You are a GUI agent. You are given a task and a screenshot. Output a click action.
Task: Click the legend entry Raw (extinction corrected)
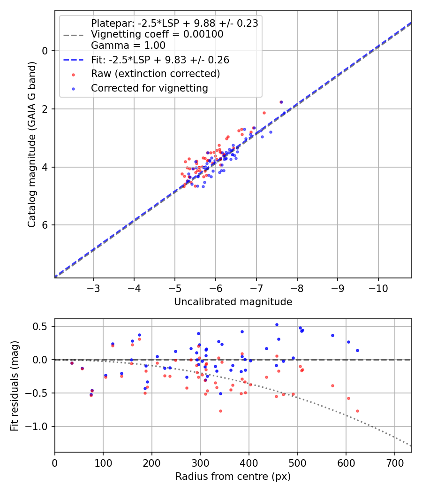[x=155, y=74]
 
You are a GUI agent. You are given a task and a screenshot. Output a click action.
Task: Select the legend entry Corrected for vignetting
[x=150, y=88]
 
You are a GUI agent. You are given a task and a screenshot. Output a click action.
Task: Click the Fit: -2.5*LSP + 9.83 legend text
[x=160, y=60]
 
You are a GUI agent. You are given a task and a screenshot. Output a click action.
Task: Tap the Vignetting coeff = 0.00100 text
[x=157, y=34]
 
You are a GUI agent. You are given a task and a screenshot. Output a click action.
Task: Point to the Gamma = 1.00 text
[x=128, y=46]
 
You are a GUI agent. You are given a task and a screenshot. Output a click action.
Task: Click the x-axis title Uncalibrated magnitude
[x=233, y=302]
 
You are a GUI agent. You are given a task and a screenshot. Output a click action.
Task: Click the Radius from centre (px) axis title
[x=233, y=477]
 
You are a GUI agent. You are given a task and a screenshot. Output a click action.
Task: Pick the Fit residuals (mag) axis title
[x=15, y=385]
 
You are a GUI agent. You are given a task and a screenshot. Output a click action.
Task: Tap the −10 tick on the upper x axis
[x=378, y=288]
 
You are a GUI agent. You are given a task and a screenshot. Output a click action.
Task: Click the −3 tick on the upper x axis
[x=93, y=288]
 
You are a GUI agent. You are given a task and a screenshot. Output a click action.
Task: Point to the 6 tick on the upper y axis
[x=45, y=225]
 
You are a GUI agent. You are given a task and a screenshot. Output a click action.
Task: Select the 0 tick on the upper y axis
[x=45, y=51]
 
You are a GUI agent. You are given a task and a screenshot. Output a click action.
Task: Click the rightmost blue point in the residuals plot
[x=357, y=350]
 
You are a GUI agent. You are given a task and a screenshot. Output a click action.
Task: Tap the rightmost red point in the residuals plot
[x=357, y=411]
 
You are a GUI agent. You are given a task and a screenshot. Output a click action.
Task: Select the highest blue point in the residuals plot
[x=277, y=324]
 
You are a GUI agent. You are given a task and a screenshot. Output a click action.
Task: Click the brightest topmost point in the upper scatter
[x=281, y=102]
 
